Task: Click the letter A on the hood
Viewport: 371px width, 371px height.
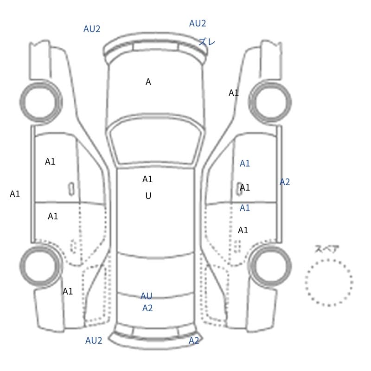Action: point(148,82)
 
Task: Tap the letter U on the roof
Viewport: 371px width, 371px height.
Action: point(148,196)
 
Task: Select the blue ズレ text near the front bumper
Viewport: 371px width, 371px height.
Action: point(206,42)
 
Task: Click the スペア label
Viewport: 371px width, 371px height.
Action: point(323,249)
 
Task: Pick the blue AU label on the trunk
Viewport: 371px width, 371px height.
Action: point(146,296)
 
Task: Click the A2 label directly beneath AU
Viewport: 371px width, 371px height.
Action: point(147,308)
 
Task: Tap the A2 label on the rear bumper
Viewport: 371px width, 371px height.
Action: point(194,340)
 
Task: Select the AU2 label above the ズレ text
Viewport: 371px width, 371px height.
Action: point(198,24)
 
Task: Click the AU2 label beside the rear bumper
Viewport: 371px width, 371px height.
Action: point(94,340)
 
